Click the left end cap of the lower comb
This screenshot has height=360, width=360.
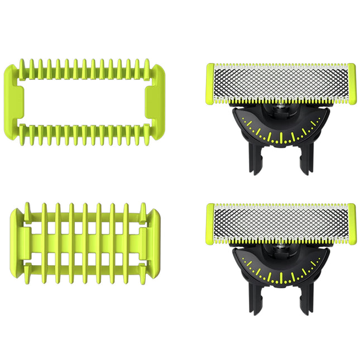coord(18,237)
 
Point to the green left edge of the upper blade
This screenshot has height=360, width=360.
coord(210,84)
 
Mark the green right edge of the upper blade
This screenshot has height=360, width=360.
coord(352,84)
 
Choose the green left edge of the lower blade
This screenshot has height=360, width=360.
coord(210,224)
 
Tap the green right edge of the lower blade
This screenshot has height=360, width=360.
coord(352,224)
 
